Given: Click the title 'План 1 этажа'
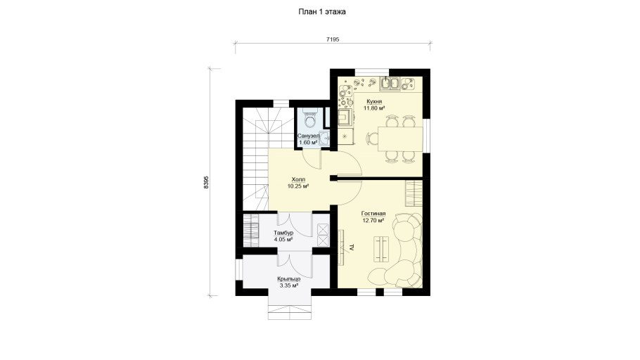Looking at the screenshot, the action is [x=322, y=12].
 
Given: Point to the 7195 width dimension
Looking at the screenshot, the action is [x=333, y=39].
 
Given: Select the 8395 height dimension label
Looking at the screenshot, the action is [x=206, y=182].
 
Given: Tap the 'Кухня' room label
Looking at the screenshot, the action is [x=374, y=101].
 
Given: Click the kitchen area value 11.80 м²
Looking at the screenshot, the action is [x=374, y=108].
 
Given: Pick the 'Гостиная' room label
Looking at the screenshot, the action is [x=373, y=214].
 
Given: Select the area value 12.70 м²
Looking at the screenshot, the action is [x=373, y=220].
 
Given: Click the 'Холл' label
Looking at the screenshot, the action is [x=298, y=179].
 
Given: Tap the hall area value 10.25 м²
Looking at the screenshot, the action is [x=298, y=186].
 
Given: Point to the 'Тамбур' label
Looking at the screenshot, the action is [x=283, y=233].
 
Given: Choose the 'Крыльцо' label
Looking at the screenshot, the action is [x=289, y=278].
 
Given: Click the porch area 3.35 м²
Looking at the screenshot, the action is [x=289, y=285].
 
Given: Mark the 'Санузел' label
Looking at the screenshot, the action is [x=308, y=136].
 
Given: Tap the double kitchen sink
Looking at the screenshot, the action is [x=390, y=83].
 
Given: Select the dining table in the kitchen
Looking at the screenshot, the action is [x=400, y=139].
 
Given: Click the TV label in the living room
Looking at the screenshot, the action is [x=351, y=247].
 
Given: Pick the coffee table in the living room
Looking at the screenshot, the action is [x=380, y=249].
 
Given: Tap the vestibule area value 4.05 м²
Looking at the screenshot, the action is [x=283, y=240].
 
